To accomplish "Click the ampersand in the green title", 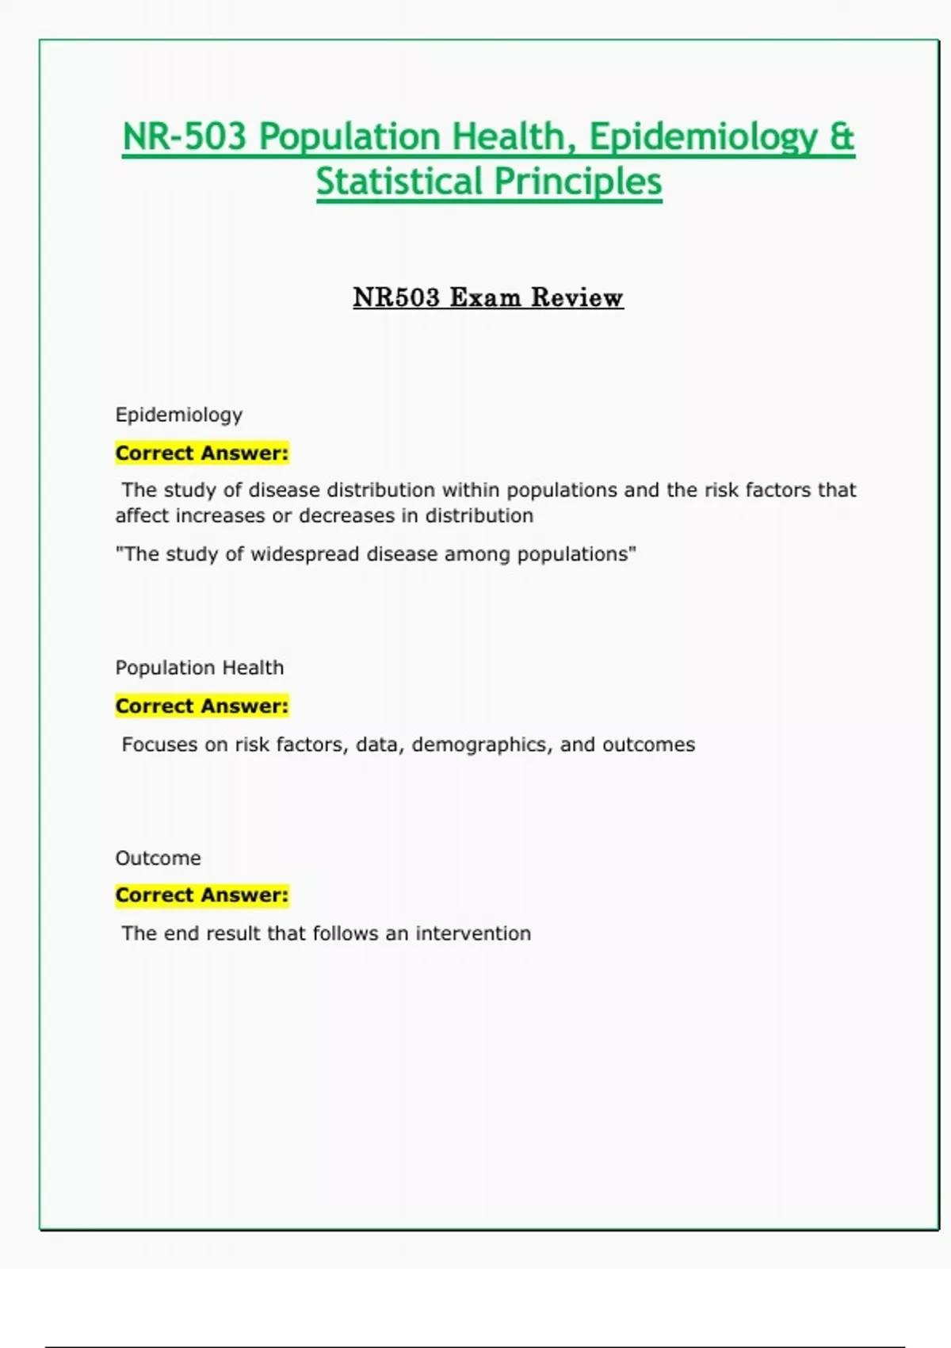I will (842, 136).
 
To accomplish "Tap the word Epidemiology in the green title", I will (702, 136).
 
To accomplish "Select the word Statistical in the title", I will (399, 181).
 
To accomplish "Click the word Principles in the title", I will (579, 181).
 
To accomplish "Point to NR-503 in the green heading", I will (185, 136).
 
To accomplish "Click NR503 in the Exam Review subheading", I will (396, 297).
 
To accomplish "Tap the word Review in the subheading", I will (577, 297).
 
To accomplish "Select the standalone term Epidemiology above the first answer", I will (179, 415).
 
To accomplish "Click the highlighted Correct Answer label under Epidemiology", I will (202, 453).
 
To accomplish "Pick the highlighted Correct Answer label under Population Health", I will (202, 706).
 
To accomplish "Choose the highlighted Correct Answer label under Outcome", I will (202, 894).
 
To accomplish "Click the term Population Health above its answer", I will (200, 668).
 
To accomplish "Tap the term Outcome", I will (158, 858).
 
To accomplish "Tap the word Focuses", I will (159, 745).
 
